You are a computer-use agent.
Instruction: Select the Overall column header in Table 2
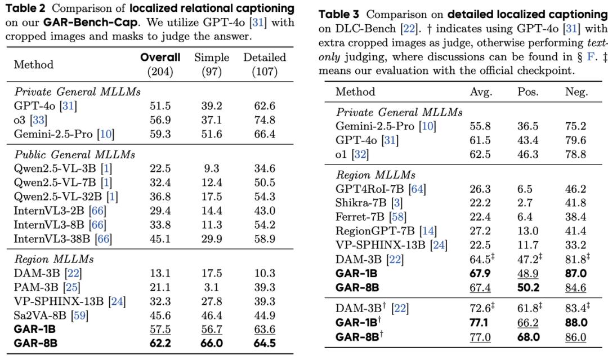coord(160,58)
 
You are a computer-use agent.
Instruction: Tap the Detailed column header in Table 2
coord(264,58)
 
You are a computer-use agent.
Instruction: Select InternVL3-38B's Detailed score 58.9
coord(264,239)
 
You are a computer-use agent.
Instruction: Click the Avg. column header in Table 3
coord(480,92)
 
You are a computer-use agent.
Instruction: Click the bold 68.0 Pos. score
coord(528,337)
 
